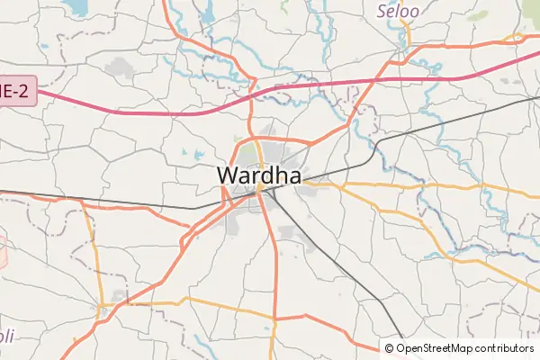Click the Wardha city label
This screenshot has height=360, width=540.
[x=259, y=175]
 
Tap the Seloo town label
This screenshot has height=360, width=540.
[x=398, y=11]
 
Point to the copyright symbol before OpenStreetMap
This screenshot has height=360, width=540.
[x=389, y=348]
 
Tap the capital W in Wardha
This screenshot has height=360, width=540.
[x=229, y=175]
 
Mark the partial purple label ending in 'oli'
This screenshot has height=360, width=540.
[x=7, y=336]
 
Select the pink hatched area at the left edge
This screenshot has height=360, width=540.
[x=3, y=252]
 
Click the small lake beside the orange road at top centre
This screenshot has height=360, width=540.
[x=209, y=13]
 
